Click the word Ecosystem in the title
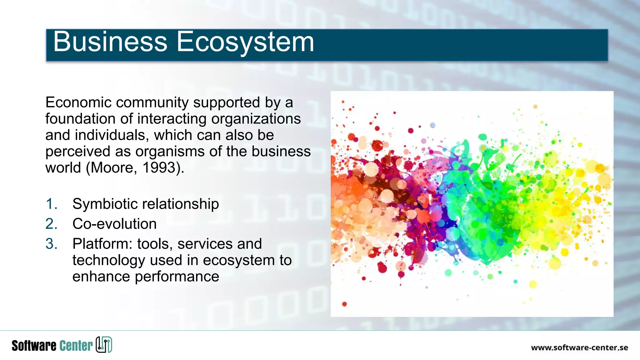tap(245, 42)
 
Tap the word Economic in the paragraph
tap(78, 102)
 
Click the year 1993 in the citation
tap(159, 168)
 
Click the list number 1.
tap(51, 204)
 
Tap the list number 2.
tap(51, 224)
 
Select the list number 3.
tap(51, 244)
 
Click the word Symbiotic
tap(105, 204)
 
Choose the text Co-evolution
tap(114, 224)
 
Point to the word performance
tap(177, 277)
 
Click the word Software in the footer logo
tap(34, 346)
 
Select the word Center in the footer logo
tap(76, 346)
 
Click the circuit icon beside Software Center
tap(104, 345)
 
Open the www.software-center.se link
tap(579, 348)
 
